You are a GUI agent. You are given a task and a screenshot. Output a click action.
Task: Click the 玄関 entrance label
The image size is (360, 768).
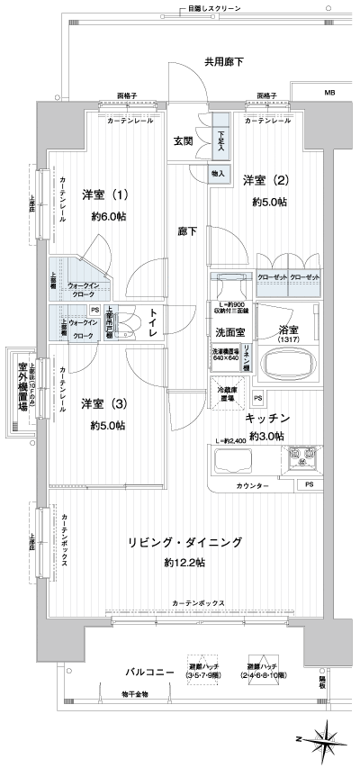pyautogui.click(x=183, y=141)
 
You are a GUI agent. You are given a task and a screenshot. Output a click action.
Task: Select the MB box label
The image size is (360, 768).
pyautogui.click(x=328, y=93)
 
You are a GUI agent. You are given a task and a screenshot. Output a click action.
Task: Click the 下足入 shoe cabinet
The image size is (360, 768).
pyautogui.click(x=221, y=141)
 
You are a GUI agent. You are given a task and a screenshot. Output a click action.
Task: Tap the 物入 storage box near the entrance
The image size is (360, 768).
pyautogui.click(x=220, y=174)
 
